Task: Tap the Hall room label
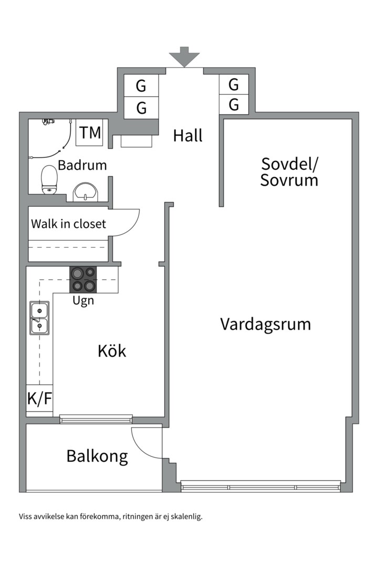187,136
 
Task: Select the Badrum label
82,165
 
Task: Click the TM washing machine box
91,133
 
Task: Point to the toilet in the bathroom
49,179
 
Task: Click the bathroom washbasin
85,191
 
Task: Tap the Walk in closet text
68,224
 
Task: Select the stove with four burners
83,279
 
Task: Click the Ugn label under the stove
83,301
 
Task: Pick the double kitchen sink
39,318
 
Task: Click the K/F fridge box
39,399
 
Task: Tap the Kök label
112,351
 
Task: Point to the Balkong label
97,456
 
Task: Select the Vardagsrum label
265,323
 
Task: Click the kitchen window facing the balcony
96,419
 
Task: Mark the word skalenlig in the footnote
185,516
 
